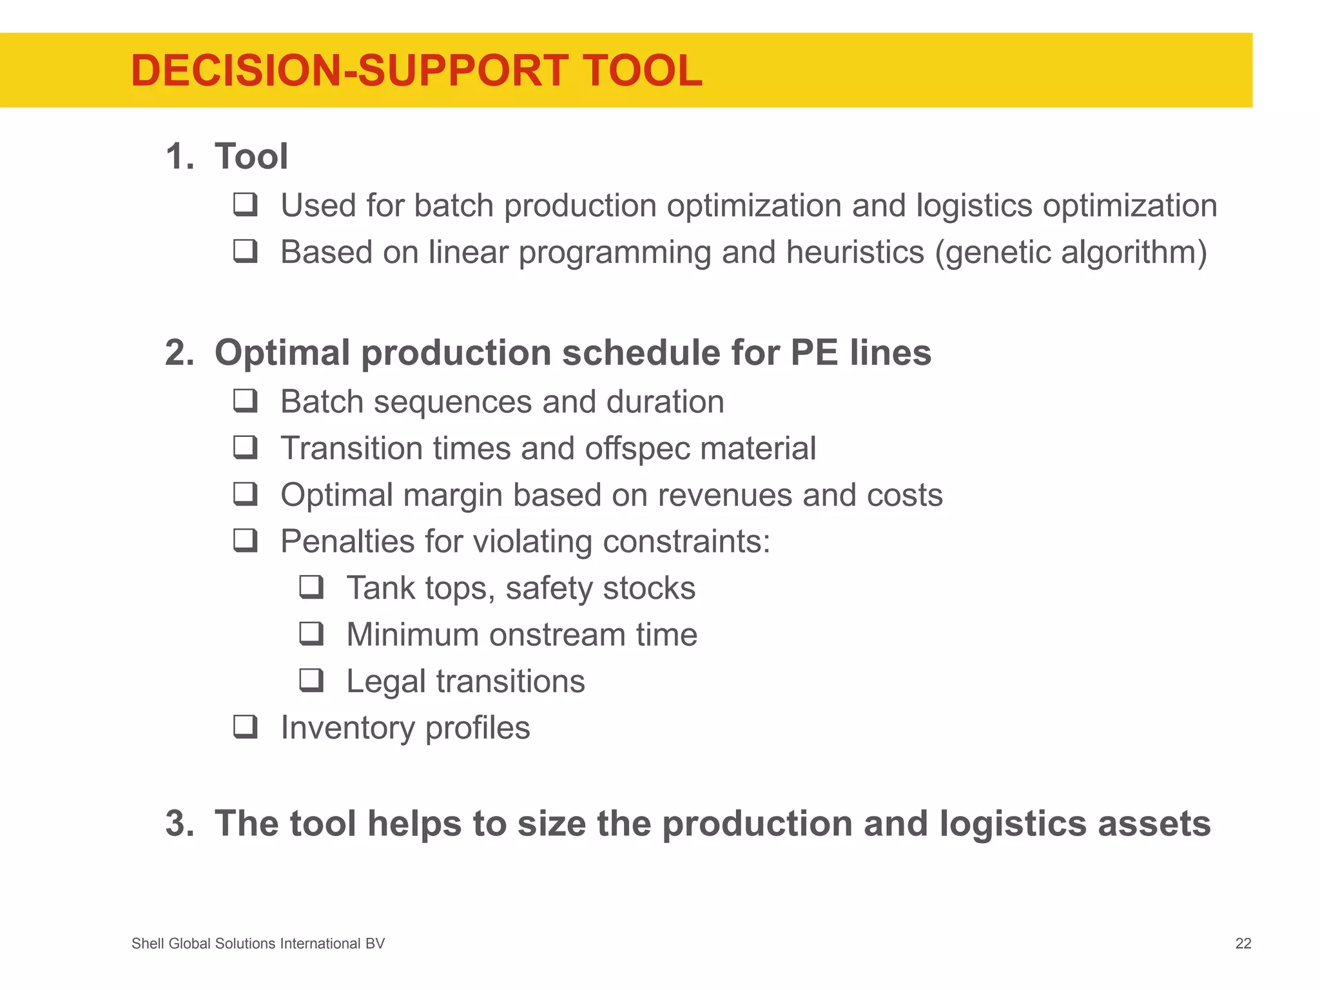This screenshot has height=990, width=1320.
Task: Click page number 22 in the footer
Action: [x=1243, y=944]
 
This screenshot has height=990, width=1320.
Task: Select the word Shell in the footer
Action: [x=148, y=944]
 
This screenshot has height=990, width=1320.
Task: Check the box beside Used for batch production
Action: [x=246, y=205]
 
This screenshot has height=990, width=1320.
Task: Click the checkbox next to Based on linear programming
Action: [x=246, y=251]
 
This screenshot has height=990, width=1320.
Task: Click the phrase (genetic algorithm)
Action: [x=1071, y=252]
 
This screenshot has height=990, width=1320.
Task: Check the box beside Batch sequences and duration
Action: [x=246, y=401]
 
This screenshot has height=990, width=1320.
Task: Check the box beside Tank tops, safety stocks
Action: [x=311, y=587]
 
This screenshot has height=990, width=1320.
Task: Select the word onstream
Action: [x=557, y=634]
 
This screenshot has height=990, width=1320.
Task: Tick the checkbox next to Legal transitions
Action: [x=311, y=681]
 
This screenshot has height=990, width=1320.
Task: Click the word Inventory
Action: [x=347, y=728]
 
